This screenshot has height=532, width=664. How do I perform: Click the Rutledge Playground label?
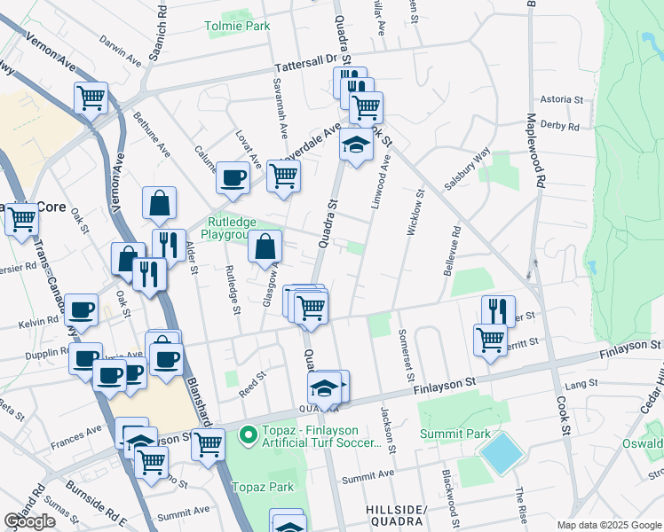233,229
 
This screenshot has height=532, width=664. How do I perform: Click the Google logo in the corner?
29,522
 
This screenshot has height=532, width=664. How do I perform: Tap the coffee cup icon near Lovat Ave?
233,176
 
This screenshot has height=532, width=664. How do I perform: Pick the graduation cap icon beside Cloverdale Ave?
356,145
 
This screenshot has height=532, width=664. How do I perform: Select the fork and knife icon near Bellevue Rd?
498,310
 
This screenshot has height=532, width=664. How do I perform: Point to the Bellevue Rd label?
451,252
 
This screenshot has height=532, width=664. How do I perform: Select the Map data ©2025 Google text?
610,525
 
